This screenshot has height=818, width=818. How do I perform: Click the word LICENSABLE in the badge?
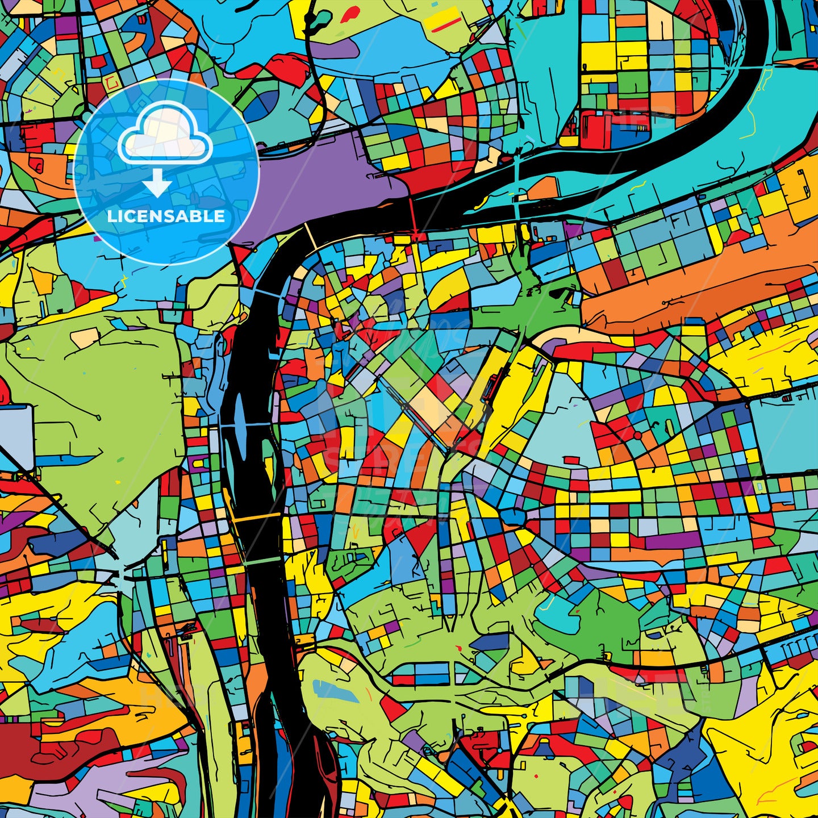[166, 216]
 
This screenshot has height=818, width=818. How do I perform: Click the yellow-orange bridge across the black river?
[256, 517]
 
